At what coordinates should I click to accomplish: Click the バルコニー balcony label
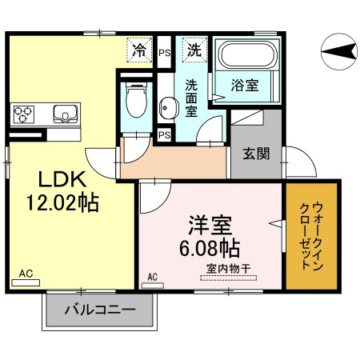tap(98, 310)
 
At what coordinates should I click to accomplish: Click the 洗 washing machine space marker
tap(194, 50)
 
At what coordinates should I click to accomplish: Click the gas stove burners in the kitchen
tap(23, 114)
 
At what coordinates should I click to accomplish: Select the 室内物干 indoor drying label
tap(229, 269)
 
